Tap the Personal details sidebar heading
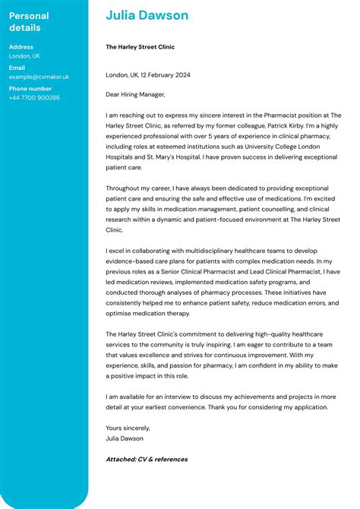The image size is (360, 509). (x=29, y=22)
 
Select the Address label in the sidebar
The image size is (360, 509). (x=21, y=47)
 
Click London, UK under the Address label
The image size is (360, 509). (x=25, y=56)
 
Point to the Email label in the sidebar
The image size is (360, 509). (x=17, y=68)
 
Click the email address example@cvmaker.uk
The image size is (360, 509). (x=39, y=77)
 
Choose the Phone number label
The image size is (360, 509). (x=30, y=88)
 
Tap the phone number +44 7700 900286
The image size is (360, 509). (x=34, y=97)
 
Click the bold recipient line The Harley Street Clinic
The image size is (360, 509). (x=140, y=47)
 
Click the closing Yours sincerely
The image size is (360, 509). (x=125, y=428)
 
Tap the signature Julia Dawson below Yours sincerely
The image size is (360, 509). (x=125, y=438)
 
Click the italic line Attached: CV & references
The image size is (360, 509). (x=147, y=459)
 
